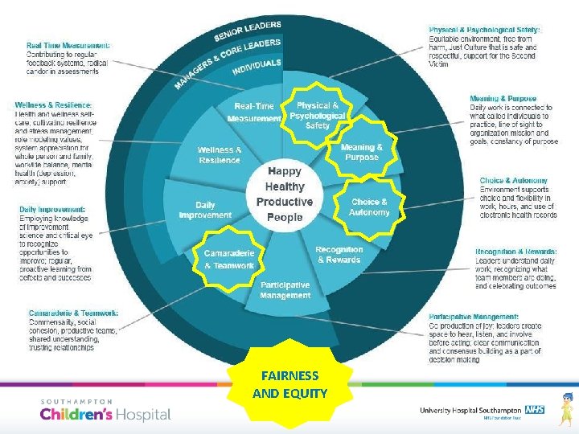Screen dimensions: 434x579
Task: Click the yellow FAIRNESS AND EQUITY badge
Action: [289, 384]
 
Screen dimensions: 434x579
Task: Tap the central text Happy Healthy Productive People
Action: [284, 194]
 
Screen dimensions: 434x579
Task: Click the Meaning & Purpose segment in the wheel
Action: [361, 152]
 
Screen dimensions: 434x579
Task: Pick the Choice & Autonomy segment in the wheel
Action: [369, 207]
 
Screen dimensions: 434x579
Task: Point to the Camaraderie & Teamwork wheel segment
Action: [229, 260]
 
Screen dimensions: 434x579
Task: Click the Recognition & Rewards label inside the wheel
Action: [339, 255]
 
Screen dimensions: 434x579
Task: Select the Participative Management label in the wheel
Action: [285, 290]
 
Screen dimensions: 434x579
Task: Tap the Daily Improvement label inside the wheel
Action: [205, 211]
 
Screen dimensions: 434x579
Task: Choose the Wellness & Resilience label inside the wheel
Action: [219, 155]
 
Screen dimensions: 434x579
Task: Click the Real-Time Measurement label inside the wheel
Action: [254, 113]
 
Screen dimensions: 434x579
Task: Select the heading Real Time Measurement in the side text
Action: [69, 45]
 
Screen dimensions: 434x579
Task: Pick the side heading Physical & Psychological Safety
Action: [485, 30]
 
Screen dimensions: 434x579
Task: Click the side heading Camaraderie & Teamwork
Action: [74, 313]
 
